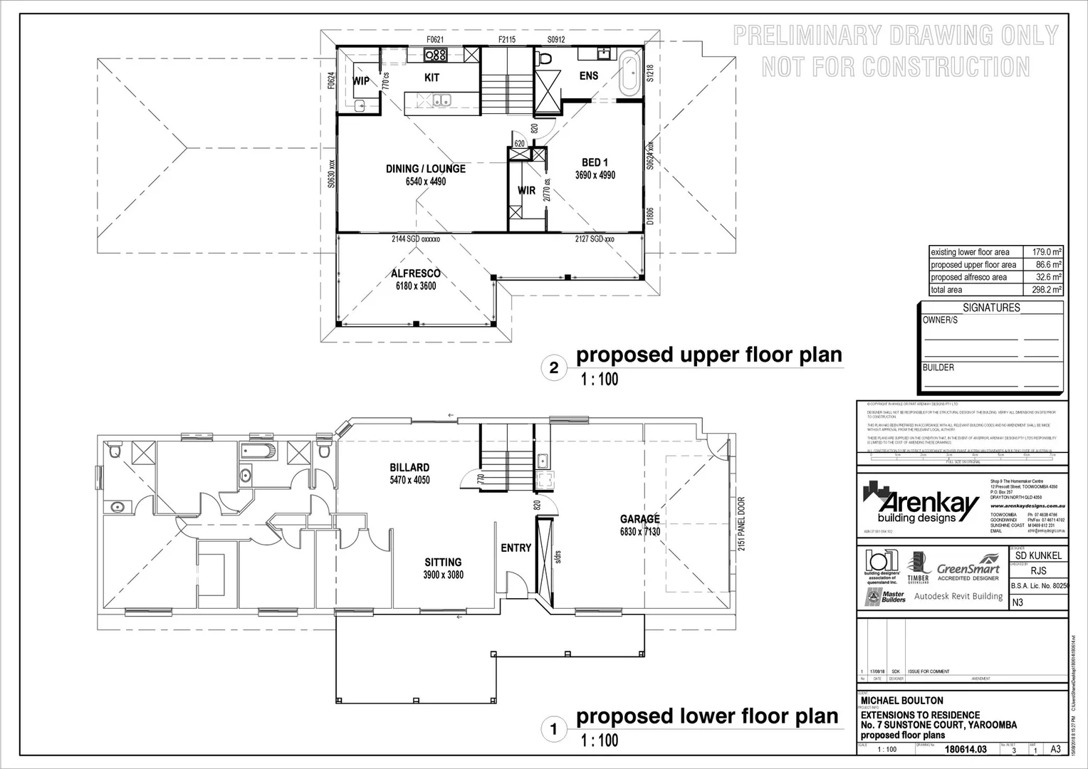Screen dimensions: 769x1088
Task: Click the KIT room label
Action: pyautogui.click(x=431, y=78)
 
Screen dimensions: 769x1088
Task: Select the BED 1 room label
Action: pyautogui.click(x=595, y=163)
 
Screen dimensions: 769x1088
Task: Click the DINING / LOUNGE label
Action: pyautogui.click(x=425, y=169)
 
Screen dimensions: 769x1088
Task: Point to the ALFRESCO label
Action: pyautogui.click(x=416, y=273)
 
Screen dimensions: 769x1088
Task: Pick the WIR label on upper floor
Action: pyautogui.click(x=526, y=191)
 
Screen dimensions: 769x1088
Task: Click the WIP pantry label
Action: pyautogui.click(x=361, y=81)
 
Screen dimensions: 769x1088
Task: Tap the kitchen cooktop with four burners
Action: pyautogui.click(x=435, y=55)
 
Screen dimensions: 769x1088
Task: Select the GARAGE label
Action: pyautogui.click(x=639, y=519)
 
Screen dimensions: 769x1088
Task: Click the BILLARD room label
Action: pyautogui.click(x=409, y=468)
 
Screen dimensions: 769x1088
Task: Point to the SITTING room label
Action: pyautogui.click(x=443, y=563)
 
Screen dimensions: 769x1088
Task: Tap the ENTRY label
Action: pyautogui.click(x=516, y=548)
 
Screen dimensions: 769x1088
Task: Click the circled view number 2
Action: pyautogui.click(x=554, y=368)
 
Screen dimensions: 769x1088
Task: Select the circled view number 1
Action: pyautogui.click(x=554, y=729)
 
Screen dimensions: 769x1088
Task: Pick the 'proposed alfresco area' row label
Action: pyautogui.click(x=968, y=277)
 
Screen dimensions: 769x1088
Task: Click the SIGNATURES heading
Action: pyautogui.click(x=991, y=308)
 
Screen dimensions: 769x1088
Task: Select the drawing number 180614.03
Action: pyautogui.click(x=965, y=749)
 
